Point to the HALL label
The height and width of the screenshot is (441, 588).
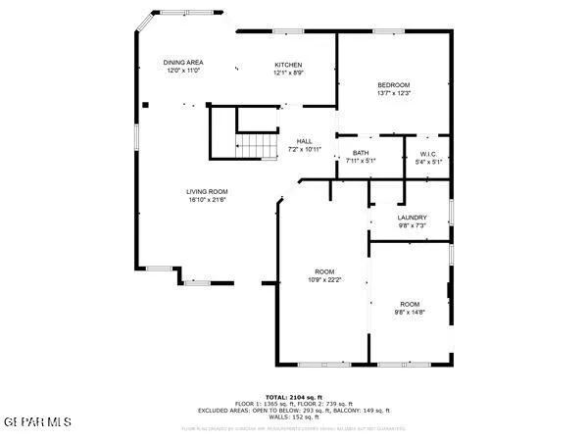[304, 141]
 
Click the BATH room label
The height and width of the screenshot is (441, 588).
[360, 153]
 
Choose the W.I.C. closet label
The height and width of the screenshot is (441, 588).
[427, 153]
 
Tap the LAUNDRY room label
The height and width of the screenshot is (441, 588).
[411, 218]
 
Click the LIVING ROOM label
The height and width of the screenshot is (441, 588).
[207, 191]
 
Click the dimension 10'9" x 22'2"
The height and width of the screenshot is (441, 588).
[323, 279]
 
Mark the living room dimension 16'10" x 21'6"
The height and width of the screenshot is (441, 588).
[207, 200]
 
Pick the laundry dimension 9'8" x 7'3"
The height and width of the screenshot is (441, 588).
[411, 225]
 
